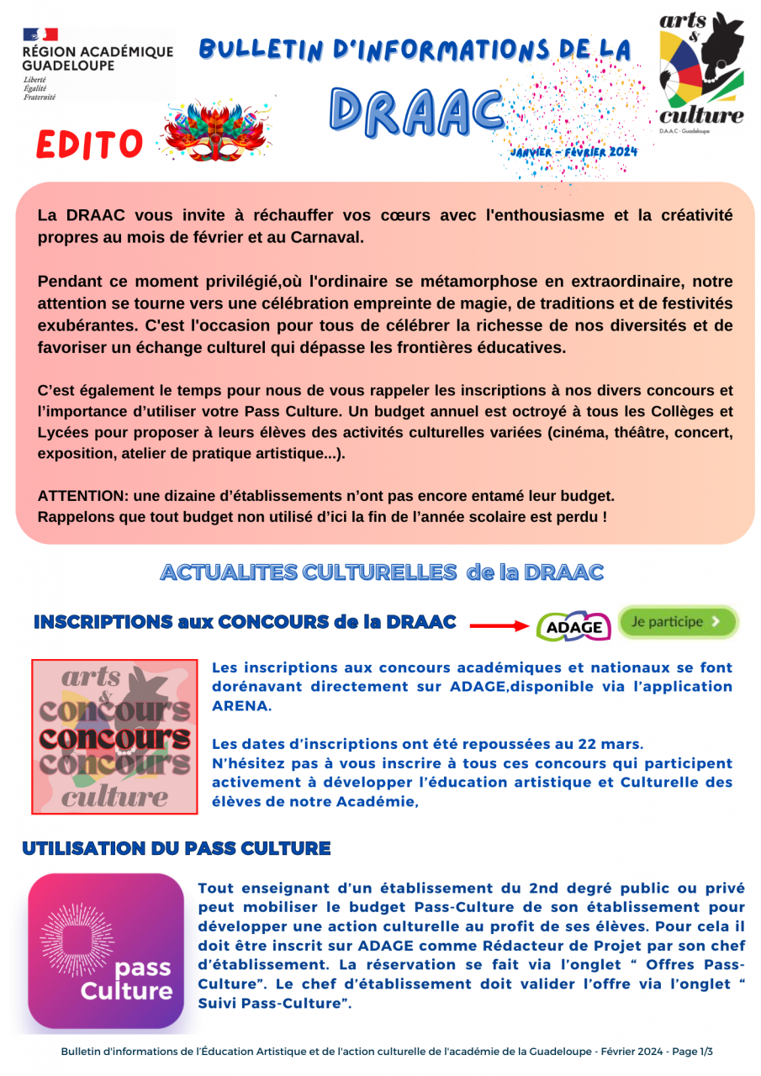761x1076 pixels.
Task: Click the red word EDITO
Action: [90, 145]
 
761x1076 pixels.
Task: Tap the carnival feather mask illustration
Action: [217, 130]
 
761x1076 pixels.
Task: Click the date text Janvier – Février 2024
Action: [573, 152]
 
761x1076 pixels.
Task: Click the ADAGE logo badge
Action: [573, 626]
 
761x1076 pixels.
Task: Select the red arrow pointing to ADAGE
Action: [499, 625]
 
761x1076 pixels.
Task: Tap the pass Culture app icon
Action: [106, 951]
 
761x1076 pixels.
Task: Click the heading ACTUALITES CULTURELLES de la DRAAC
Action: [382, 572]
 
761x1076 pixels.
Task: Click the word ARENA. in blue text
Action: [242, 706]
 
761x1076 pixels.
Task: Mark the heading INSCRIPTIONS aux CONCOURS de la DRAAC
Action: [245, 622]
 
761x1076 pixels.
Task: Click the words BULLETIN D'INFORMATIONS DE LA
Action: [415, 50]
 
